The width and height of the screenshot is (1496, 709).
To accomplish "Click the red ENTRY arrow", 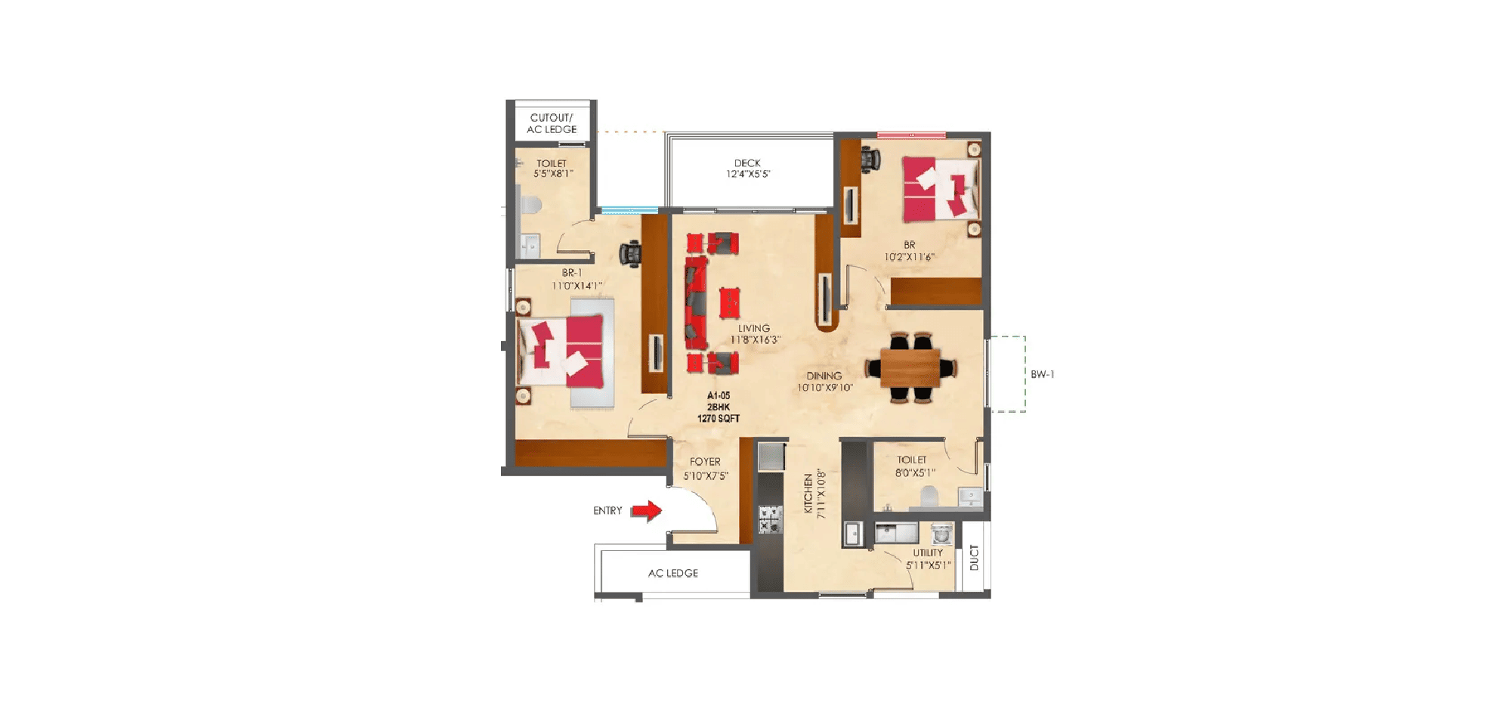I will point(647,511).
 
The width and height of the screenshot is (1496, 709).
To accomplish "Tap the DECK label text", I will point(747,163).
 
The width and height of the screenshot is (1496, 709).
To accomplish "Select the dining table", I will point(910,368).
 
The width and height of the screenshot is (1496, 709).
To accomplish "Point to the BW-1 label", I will point(1042,375).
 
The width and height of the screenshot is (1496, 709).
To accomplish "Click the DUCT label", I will point(974,558).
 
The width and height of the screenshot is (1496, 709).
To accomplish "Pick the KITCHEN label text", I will point(808,494).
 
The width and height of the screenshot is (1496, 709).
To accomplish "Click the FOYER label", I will point(705,462).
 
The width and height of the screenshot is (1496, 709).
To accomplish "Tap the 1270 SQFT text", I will point(718,419).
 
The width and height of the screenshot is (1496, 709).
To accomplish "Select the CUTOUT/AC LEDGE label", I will point(552,124).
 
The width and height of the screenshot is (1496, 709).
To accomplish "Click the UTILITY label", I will point(928,553).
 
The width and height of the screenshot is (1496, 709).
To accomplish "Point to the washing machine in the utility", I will point(941,534).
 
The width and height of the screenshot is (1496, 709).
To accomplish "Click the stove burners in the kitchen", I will point(770,520).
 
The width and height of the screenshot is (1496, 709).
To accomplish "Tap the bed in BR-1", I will point(562,353).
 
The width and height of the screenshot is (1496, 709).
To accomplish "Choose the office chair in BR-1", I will point(630,254).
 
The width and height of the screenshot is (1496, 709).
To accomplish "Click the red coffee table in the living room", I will point(729,302).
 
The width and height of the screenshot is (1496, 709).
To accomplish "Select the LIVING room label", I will point(754,328).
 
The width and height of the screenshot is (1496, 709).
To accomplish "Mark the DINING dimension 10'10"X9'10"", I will point(825,388).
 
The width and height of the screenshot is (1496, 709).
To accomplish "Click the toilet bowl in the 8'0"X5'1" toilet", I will point(929,496).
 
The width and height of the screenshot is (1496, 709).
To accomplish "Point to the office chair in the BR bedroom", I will point(870,160).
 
